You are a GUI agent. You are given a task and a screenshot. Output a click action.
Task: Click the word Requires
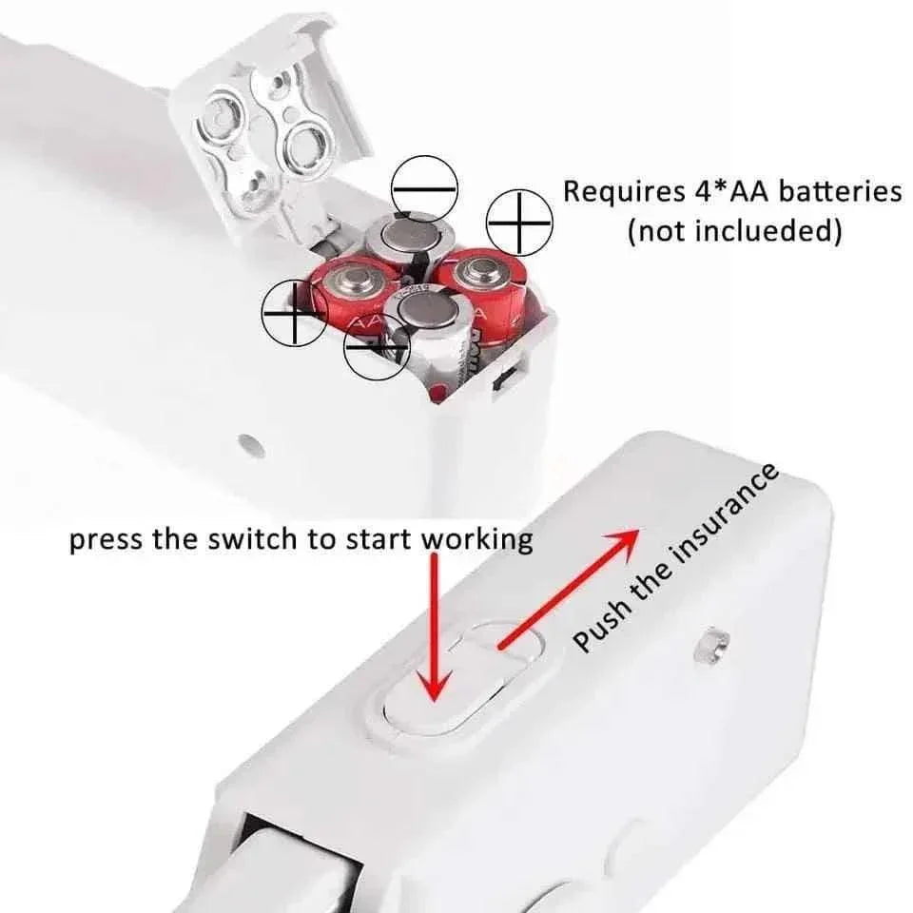click(619, 191)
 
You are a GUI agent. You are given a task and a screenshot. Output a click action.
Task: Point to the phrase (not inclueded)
click(733, 231)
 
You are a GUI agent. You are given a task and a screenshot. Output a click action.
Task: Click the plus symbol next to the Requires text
click(519, 222)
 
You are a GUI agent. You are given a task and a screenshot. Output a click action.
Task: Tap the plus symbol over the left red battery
click(295, 312)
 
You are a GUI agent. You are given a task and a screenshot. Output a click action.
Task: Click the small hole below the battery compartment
click(250, 443)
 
